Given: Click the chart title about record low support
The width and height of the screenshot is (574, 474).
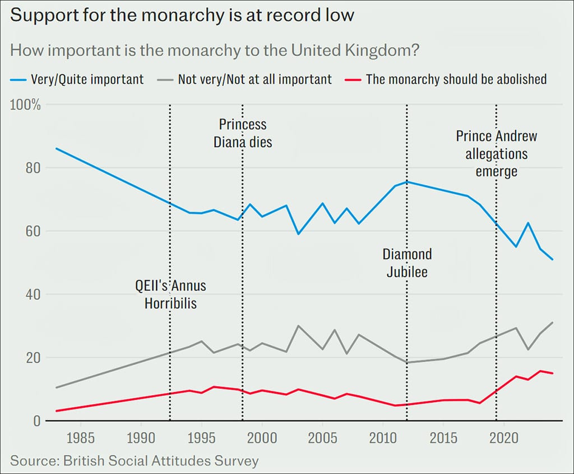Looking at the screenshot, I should [x=182, y=15].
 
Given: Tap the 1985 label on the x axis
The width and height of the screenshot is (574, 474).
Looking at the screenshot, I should [x=81, y=438].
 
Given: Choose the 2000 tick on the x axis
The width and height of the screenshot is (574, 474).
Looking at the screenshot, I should [x=262, y=438].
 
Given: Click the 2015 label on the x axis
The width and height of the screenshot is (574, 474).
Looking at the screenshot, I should [x=443, y=438].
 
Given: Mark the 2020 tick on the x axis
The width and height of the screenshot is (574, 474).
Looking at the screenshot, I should [x=504, y=438].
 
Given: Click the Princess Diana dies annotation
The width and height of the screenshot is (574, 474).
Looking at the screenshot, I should [x=243, y=133].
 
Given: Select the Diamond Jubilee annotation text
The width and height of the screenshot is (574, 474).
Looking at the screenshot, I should [x=407, y=263].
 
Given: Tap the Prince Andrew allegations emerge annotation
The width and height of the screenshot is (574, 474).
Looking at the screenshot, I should [x=496, y=153].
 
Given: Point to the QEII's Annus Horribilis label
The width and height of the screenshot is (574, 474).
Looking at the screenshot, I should [x=170, y=294].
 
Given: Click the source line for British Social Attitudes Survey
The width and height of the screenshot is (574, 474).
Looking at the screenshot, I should [x=135, y=461].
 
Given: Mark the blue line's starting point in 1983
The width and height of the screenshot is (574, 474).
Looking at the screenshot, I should [x=56, y=148].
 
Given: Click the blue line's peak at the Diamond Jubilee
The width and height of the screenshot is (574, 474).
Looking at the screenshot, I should [x=407, y=181].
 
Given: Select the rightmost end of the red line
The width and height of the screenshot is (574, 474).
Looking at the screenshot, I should [x=553, y=373].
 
